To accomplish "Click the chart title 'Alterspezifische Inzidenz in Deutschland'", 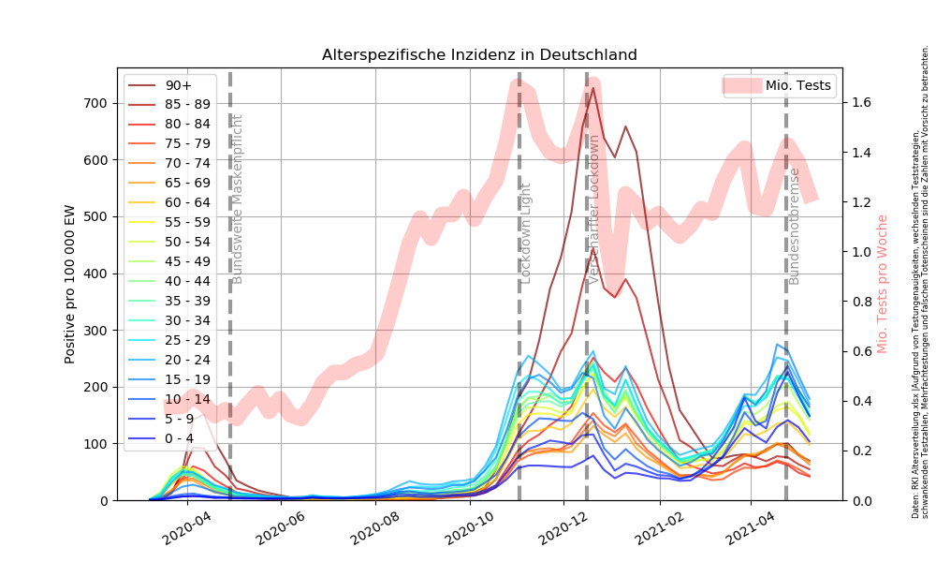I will tap(479, 55).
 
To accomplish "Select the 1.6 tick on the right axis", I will tap(861, 103).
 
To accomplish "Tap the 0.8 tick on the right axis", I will tap(861, 302).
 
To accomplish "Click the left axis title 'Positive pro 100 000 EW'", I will tap(70, 284).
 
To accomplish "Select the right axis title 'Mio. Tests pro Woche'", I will tap(883, 284).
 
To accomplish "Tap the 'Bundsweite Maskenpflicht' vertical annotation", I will tap(238, 199).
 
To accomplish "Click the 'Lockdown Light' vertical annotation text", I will tap(526, 233).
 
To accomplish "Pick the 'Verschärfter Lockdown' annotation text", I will tap(593, 209).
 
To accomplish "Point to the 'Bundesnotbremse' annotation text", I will tap(795, 226).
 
